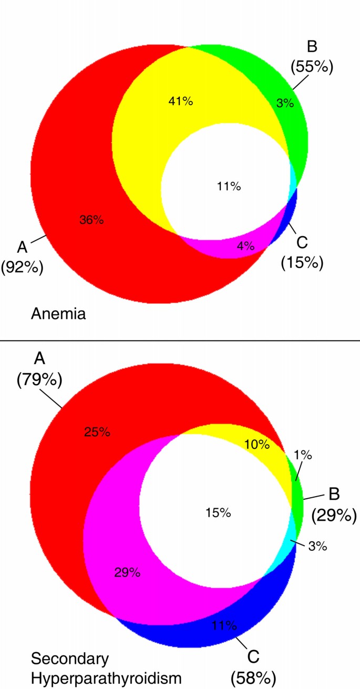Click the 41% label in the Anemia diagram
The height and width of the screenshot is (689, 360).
coord(181,101)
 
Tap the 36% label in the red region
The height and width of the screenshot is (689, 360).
coord(91,220)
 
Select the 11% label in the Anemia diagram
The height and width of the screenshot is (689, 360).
coord(228,186)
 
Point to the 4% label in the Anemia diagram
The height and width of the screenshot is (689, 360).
coord(245,245)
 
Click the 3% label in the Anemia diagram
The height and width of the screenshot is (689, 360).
coord(285,103)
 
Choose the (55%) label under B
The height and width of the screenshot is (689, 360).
coord(312,67)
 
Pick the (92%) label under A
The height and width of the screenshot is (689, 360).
coord(22,266)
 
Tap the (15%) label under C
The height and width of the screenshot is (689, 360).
coord(301,262)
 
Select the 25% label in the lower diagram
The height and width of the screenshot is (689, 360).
coord(97,432)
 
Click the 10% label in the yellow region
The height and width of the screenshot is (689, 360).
coord(257,445)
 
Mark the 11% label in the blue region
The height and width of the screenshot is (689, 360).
coord(224,625)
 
